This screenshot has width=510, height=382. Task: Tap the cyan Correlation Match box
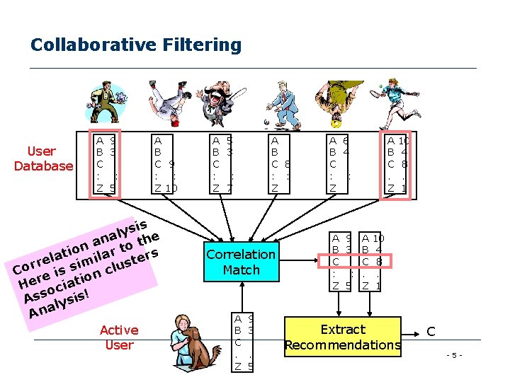click(x=241, y=262)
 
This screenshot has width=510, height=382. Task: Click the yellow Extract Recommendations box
click(x=343, y=337)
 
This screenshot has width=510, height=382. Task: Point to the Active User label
click(x=119, y=337)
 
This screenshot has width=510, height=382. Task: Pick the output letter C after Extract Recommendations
click(x=431, y=330)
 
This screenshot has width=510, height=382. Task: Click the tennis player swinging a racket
click(x=393, y=103)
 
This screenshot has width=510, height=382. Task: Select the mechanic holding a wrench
click(x=106, y=103)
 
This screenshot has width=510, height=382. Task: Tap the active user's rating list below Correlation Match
click(x=244, y=342)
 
